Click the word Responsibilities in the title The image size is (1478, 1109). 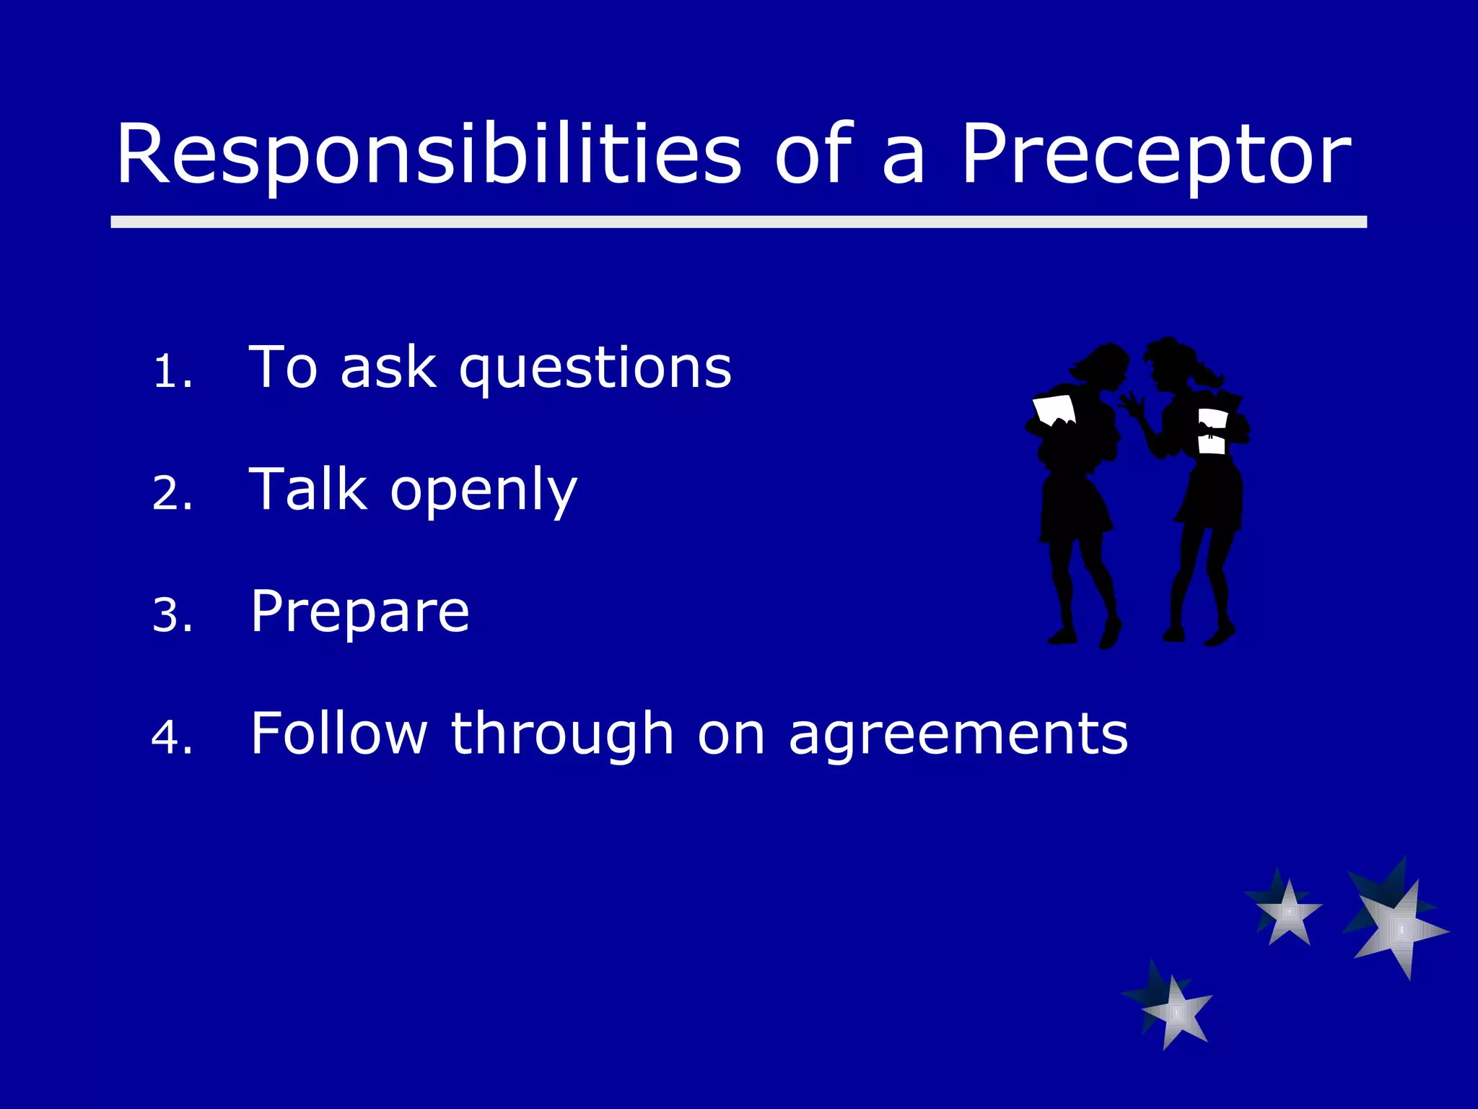[x=429, y=155]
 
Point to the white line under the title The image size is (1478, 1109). [x=738, y=222]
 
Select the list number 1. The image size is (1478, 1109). [x=172, y=372]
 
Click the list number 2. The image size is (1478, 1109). [x=172, y=494]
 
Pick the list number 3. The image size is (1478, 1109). [x=172, y=616]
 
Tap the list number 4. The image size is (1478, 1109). [x=172, y=738]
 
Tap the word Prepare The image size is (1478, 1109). [x=359, y=613]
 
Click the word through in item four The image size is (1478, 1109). [x=562, y=734]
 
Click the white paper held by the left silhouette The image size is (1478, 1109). [x=1054, y=409]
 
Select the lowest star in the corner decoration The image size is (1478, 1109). [x=1175, y=1011]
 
